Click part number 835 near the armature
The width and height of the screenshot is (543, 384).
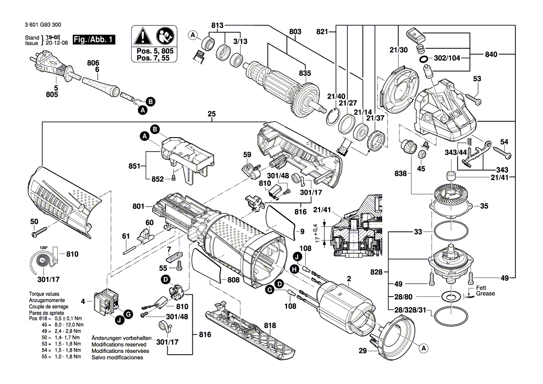point(305,73)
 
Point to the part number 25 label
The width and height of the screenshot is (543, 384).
point(212,114)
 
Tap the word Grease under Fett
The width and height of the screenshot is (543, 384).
point(485,293)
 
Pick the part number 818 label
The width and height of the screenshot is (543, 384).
point(269,325)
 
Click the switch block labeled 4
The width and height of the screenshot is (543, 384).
point(105,303)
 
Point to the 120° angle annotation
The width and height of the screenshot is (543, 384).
point(44,248)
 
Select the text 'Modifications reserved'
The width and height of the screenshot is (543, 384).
point(119,344)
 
